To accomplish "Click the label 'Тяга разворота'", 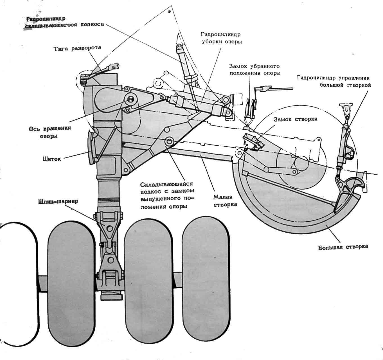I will (77, 48).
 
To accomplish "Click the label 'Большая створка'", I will (343, 247).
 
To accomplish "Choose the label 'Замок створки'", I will (296, 119).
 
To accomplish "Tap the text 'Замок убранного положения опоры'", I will (254, 70).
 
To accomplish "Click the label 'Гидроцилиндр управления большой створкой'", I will (333, 81).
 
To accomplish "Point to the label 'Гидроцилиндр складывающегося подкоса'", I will (64, 22).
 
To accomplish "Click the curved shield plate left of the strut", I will (91, 148).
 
